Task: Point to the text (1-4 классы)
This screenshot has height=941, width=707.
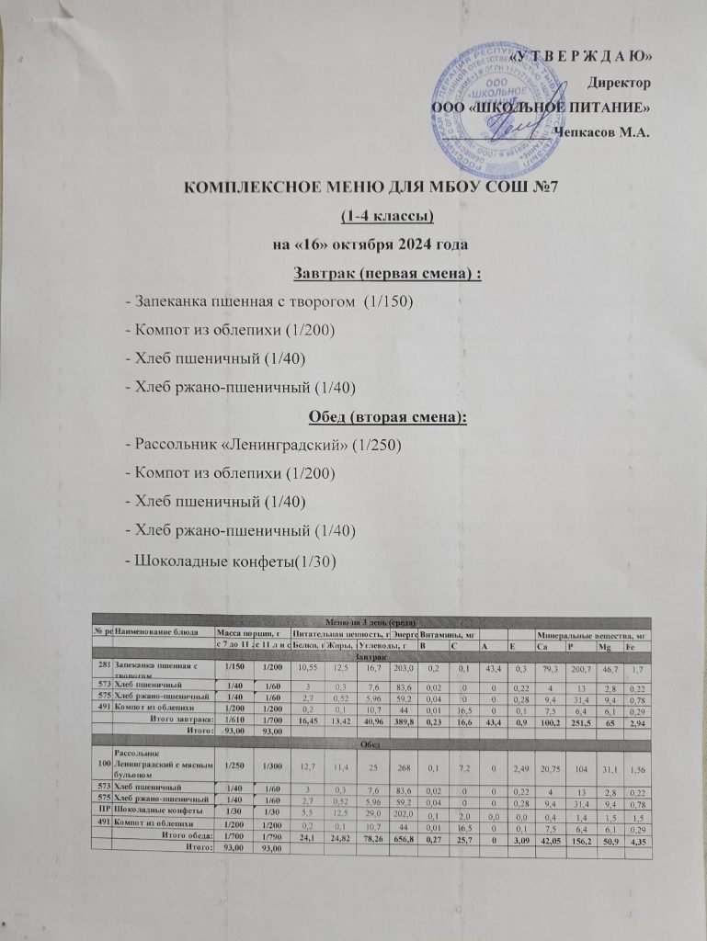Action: pos(386,217)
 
